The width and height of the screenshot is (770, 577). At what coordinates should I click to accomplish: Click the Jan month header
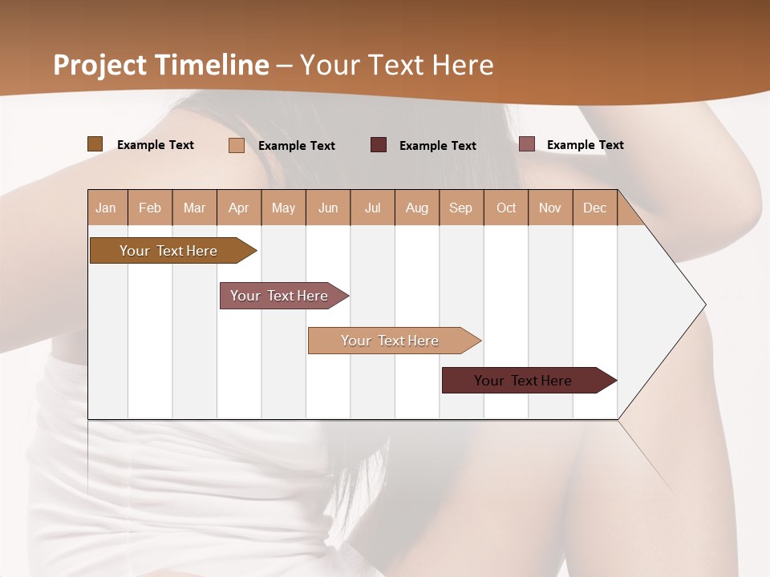point(107,208)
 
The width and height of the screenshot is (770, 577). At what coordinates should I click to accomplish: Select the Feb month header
point(150,208)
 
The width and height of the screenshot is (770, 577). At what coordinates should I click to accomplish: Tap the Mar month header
point(194,208)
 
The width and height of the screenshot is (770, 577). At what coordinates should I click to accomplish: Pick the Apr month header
point(239,208)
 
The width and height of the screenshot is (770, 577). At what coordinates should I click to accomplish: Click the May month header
point(283,208)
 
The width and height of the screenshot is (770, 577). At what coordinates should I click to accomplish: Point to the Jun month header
point(328,208)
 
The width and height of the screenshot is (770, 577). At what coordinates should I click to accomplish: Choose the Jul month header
point(372,208)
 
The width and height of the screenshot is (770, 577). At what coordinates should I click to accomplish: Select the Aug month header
point(417,208)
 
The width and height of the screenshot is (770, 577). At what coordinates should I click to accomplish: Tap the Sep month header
point(461,208)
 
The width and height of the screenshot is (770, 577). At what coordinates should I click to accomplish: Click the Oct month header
point(506,208)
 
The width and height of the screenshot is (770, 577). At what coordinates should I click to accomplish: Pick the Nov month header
point(550,208)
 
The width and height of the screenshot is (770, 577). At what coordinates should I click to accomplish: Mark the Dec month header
point(594,208)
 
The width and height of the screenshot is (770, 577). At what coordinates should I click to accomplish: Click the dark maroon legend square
point(379,145)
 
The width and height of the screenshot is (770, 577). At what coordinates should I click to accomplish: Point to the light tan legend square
point(237,145)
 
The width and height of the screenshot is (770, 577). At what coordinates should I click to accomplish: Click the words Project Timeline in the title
point(161,65)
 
